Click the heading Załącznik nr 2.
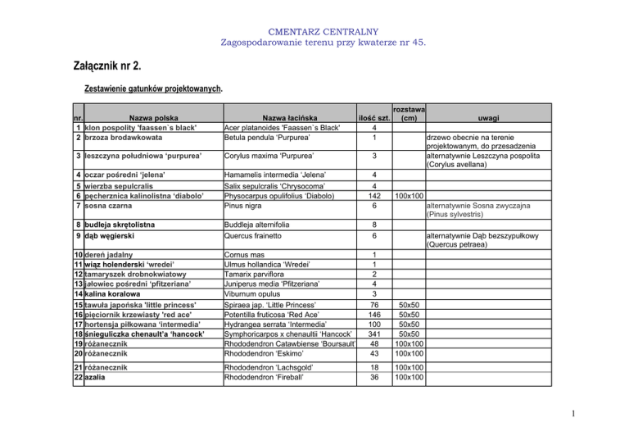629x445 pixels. coord(105,66)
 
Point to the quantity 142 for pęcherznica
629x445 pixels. coord(373,197)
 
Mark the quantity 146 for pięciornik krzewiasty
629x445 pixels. coord(373,314)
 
